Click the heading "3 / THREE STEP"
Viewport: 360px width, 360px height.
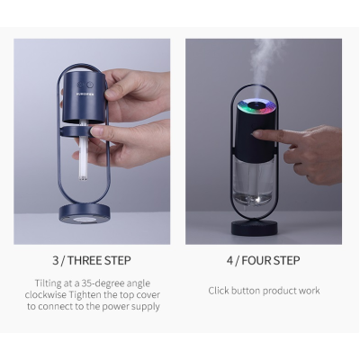point(92,261)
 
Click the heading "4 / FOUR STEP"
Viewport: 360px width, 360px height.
point(264,261)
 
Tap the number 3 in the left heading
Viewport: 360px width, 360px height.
point(56,261)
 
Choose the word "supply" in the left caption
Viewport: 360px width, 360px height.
point(143,307)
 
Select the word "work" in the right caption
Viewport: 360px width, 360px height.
point(306,291)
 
